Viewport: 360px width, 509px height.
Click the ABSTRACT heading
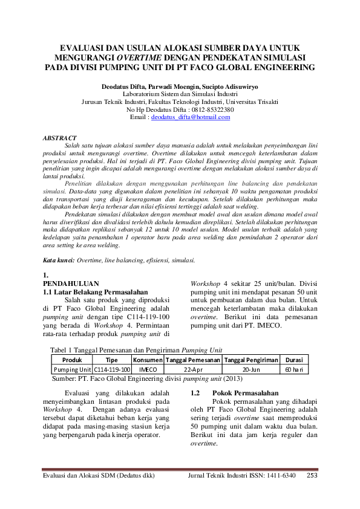pyautogui.click(x=59, y=138)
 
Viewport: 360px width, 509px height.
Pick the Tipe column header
pyautogui.click(x=112, y=360)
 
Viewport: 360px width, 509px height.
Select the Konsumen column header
pyautogui.click(x=144, y=360)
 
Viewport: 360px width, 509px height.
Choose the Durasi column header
pyautogui.click(x=294, y=360)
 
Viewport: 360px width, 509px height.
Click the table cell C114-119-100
pyautogui.click(x=112, y=369)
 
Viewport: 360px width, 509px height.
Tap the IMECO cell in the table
pyautogui.click(x=144, y=369)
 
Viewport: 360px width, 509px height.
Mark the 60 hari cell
pyautogui.click(x=294, y=369)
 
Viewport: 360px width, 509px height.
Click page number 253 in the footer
pyautogui.click(x=312, y=476)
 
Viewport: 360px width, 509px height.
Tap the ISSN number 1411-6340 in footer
pyautogui.click(x=280, y=476)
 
